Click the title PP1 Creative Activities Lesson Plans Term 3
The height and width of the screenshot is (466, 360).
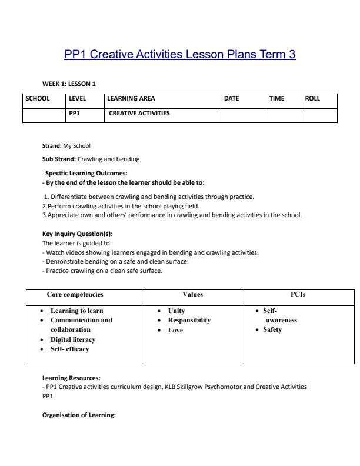[x=179, y=55]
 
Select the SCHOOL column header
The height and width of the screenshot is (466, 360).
[x=37, y=99]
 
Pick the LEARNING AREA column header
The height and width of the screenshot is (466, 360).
[x=131, y=99]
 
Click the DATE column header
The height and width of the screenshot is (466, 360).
[x=232, y=99]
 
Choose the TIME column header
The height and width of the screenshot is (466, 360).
[x=276, y=99]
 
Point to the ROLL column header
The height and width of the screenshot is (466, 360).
[x=312, y=99]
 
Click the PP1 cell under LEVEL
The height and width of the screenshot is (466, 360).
[x=74, y=113]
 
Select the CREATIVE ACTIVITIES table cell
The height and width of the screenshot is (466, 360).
[x=138, y=113]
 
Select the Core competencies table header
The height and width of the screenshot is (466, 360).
[x=75, y=294]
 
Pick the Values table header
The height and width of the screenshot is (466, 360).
[x=192, y=294]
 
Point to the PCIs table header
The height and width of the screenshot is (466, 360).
[x=298, y=294]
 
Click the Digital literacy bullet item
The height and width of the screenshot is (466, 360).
[x=73, y=339]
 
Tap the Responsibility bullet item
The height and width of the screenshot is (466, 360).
[x=189, y=321]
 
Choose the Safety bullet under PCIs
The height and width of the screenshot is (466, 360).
[x=272, y=330]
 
